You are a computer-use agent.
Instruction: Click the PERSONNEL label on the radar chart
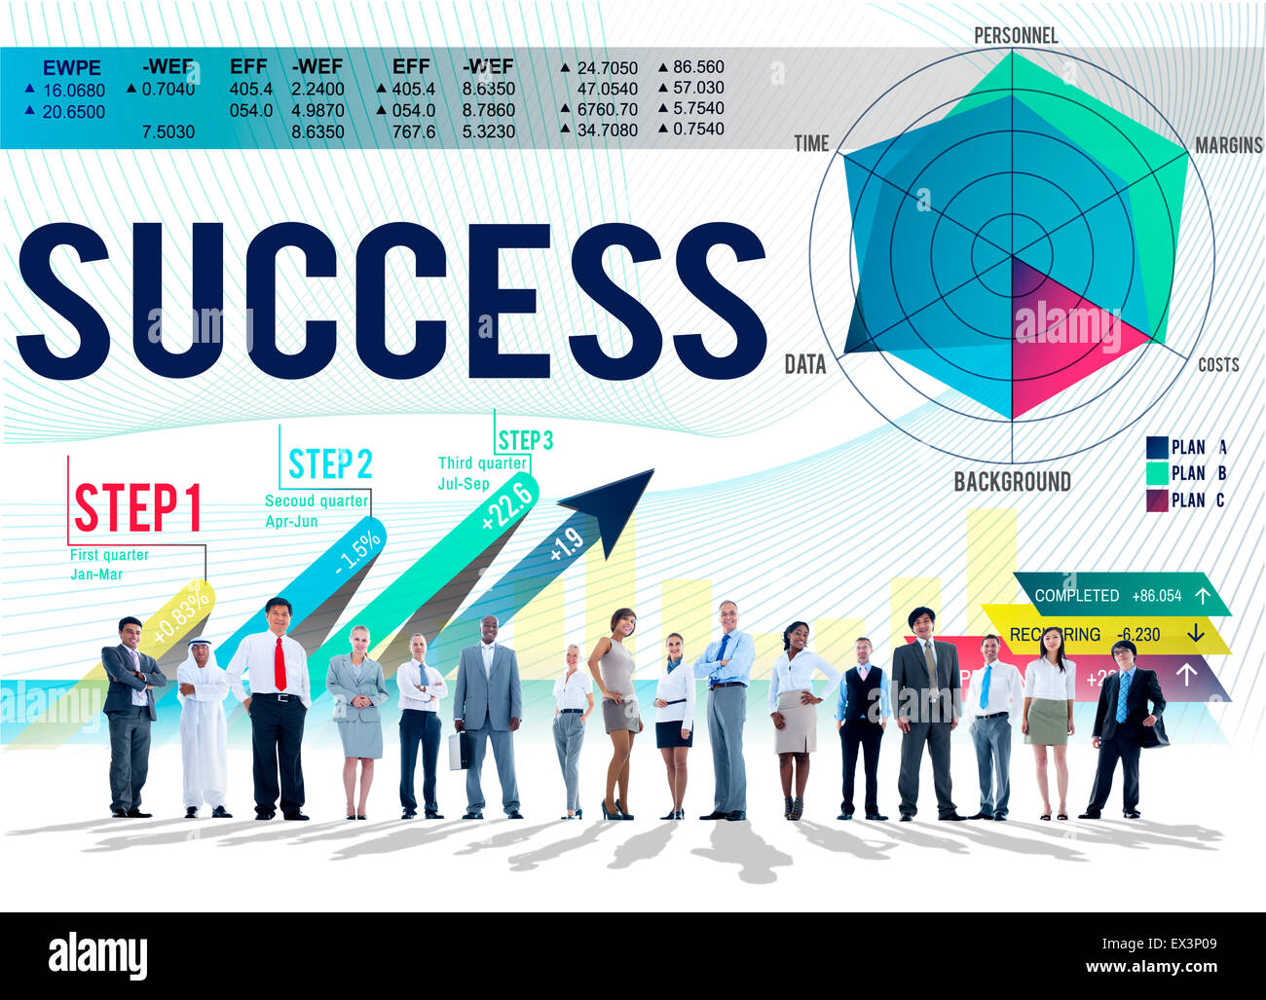coord(1015,36)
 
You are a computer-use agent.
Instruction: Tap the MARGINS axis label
coord(1228,145)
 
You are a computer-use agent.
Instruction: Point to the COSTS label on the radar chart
coord(1218,365)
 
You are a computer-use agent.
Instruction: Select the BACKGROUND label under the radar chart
coord(1012,482)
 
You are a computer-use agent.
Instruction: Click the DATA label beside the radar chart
coord(805,365)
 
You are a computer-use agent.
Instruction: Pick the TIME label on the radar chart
coord(811,144)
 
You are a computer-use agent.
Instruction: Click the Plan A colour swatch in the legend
coord(1157,448)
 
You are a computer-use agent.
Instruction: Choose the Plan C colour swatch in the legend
coord(1157,500)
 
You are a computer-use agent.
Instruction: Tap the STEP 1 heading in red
coord(138,508)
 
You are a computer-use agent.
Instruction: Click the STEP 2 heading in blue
coord(330,464)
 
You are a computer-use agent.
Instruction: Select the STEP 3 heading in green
coord(525,441)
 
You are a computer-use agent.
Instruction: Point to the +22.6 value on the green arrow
coord(507,506)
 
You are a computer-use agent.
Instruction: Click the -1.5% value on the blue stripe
coord(358,553)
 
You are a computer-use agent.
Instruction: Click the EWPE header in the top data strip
coord(72,68)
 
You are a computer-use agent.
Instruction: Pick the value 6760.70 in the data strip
coord(607,109)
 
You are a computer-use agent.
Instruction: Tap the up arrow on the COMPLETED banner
coord(1203,596)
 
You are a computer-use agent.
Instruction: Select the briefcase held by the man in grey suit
coord(458,750)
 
